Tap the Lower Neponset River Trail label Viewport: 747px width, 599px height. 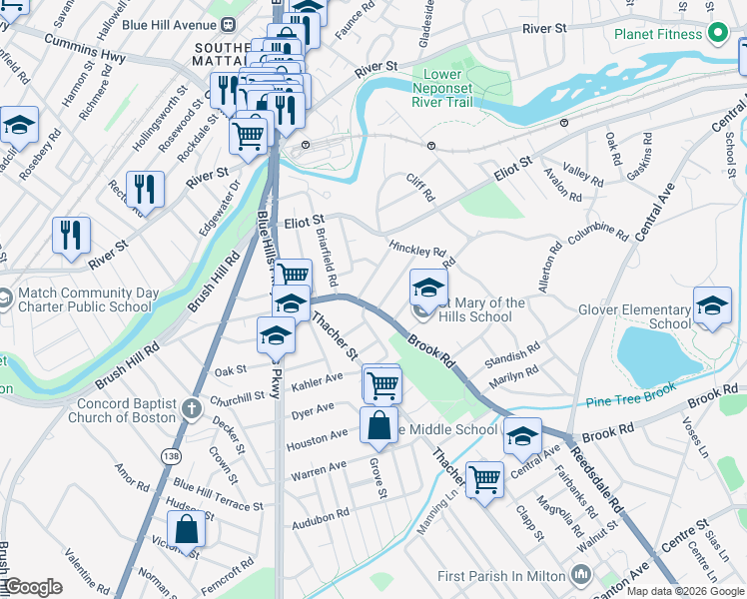[x=456, y=88]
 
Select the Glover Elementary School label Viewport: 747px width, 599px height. [x=634, y=316]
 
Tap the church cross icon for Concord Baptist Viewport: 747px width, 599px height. [x=192, y=407]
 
